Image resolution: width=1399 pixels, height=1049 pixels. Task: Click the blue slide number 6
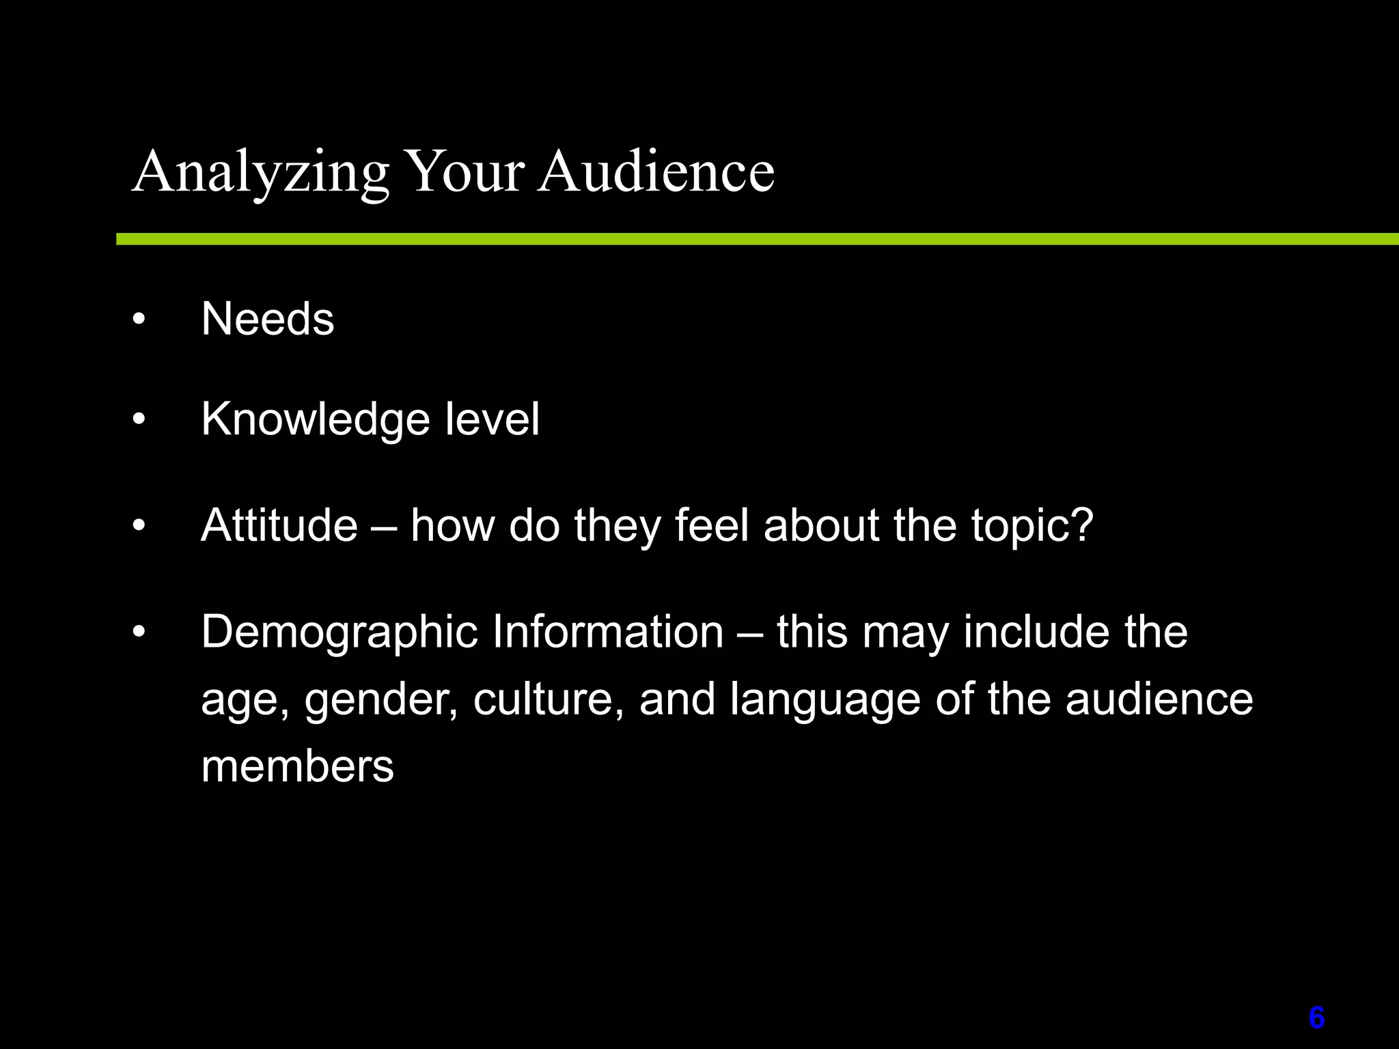(x=1316, y=1018)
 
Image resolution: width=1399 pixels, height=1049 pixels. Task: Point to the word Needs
(x=268, y=319)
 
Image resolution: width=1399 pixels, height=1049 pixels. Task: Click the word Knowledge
(x=315, y=419)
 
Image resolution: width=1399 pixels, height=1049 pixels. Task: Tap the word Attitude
(x=279, y=525)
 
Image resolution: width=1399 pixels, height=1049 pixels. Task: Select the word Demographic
(x=339, y=632)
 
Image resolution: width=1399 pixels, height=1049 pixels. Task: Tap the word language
(x=825, y=701)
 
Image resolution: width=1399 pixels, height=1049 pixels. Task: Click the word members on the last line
(x=297, y=766)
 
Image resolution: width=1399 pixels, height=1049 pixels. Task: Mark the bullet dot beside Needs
(x=139, y=320)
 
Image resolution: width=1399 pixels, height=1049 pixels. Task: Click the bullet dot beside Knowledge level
(x=139, y=419)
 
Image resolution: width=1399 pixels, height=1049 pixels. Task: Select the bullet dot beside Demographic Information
(x=139, y=632)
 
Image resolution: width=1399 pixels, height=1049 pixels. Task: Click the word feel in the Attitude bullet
(x=712, y=525)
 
